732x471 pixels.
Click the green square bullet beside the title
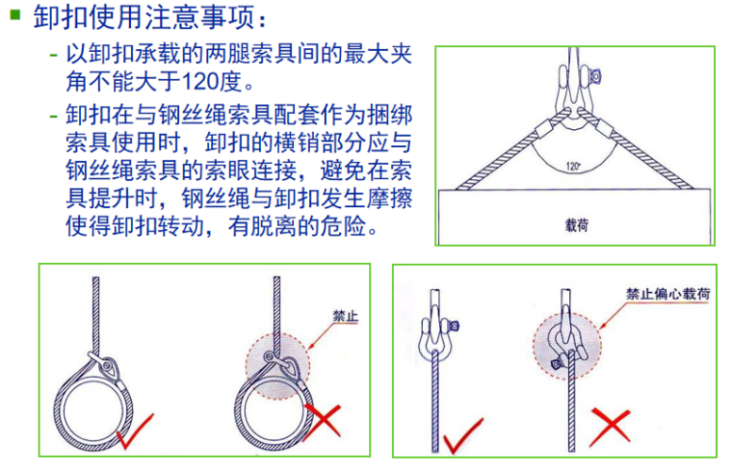point(15,15)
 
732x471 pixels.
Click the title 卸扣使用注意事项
point(144,17)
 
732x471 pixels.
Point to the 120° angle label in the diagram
point(573,167)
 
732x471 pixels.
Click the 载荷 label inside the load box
point(577,226)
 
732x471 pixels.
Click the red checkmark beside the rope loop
point(135,431)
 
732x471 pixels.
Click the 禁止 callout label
point(345,316)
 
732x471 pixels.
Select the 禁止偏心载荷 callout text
point(667,294)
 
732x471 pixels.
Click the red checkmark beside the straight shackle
point(462,435)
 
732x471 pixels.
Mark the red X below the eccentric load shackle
point(610,426)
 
